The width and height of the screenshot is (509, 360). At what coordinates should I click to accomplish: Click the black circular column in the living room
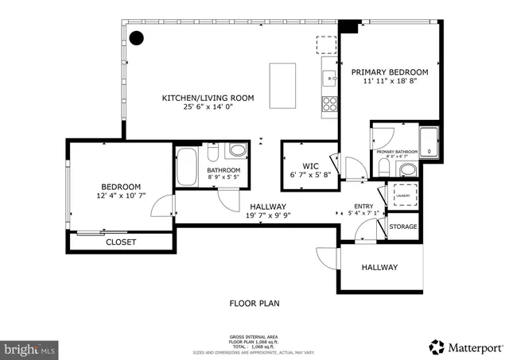pos(137,37)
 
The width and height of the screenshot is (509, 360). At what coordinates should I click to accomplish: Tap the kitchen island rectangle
pos(282,85)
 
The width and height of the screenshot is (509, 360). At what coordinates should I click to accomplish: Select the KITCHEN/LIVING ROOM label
pos(208,98)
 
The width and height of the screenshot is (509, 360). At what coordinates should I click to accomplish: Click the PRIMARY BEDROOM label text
pos(390,72)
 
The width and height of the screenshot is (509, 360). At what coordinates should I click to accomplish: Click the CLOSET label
pos(121,242)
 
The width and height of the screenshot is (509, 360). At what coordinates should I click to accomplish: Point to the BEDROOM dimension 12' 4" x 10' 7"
pos(120,195)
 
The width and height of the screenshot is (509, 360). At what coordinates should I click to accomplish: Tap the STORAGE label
pos(403,227)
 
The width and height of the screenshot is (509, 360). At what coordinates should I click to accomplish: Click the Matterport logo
pos(465,346)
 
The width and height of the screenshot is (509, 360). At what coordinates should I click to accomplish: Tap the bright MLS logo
pos(30,348)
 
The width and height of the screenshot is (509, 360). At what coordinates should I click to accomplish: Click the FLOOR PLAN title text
pos(254,303)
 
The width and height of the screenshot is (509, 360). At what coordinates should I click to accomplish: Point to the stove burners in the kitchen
pos(327,104)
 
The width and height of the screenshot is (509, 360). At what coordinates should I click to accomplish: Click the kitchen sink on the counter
pos(328,77)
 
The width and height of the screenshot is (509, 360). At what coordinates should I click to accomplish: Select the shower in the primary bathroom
pos(429,144)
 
